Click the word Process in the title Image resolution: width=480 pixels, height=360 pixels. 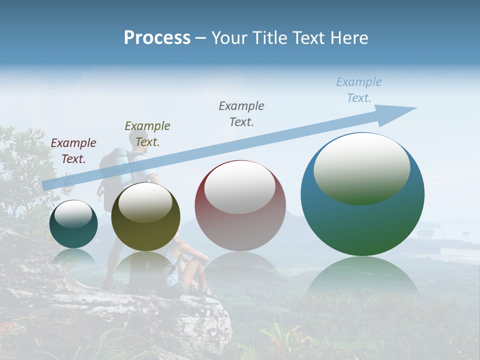(157, 38)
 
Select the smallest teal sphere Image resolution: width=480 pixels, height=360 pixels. (73, 224)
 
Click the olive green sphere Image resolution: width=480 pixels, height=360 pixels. (145, 216)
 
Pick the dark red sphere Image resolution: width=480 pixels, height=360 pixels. (240, 205)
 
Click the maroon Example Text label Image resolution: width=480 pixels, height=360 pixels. (73, 151)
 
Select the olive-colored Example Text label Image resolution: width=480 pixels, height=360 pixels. (147, 133)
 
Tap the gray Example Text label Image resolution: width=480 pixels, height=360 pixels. (241, 113)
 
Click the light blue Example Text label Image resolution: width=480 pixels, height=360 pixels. (358, 90)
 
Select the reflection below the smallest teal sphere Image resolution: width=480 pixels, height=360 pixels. (73, 257)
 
